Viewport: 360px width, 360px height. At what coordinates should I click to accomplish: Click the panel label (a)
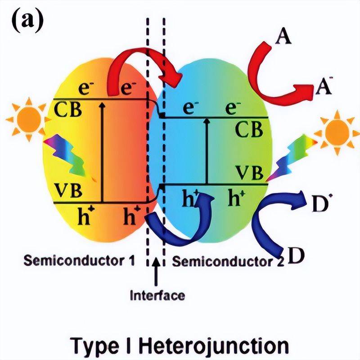[x=27, y=21]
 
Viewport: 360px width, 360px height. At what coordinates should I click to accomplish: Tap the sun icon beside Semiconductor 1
[x=29, y=119]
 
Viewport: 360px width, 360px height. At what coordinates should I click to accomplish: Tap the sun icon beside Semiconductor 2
[x=337, y=132]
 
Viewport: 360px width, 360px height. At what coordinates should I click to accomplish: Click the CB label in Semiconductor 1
[x=68, y=109]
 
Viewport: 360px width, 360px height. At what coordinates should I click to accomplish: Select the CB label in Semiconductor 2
[x=249, y=130]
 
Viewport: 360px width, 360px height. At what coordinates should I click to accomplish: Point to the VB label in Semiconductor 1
[x=68, y=190]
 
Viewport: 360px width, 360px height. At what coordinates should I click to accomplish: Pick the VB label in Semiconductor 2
[x=250, y=173]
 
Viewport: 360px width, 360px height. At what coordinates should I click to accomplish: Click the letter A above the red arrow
[x=284, y=36]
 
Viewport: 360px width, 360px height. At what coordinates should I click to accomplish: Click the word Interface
[x=157, y=295]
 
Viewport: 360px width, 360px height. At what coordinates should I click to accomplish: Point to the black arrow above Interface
[x=156, y=272]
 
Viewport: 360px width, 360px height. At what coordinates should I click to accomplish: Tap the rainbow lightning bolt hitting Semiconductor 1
[x=65, y=156]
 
